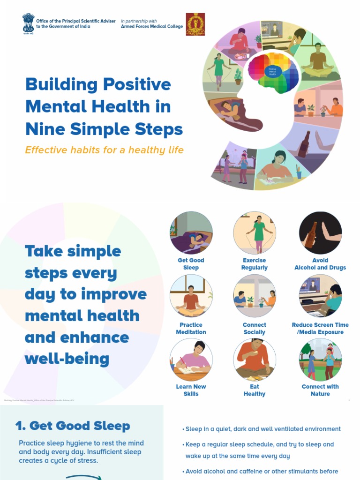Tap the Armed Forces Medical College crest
point(195,24)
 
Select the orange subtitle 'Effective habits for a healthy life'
point(104,150)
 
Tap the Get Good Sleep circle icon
point(191,232)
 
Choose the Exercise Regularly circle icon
point(255,232)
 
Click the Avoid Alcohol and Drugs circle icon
point(320,232)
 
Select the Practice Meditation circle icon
point(191,296)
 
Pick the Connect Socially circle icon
point(255,296)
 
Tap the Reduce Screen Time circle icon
point(320,296)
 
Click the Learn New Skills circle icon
point(191,360)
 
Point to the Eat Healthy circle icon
point(255,360)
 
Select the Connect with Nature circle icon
point(320,360)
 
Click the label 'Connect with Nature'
point(320,390)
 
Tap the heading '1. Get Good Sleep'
point(73,426)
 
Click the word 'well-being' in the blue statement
point(67,359)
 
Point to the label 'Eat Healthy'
point(255,390)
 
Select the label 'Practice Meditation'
point(191,328)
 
